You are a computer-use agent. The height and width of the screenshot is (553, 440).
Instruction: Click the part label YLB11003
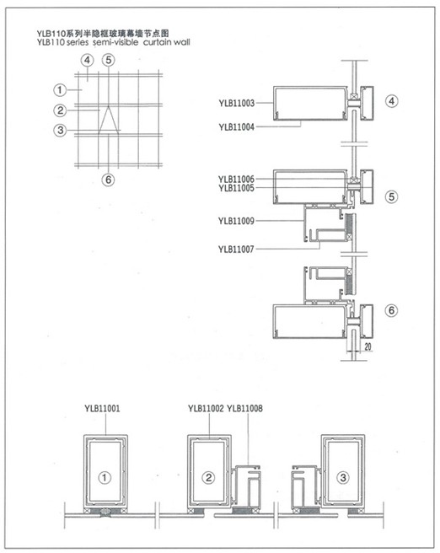click(236, 103)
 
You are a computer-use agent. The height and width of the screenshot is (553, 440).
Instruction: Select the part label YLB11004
click(236, 127)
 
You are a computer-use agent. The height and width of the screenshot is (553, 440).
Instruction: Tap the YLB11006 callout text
click(236, 180)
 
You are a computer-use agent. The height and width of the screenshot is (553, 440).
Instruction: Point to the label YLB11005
click(236, 188)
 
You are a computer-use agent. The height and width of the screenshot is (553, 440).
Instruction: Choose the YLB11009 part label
click(236, 221)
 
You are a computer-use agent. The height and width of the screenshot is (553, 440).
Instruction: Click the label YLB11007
click(236, 250)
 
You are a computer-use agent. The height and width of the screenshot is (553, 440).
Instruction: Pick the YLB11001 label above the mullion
click(102, 408)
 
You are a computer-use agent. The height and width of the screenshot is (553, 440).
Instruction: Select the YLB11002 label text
click(206, 408)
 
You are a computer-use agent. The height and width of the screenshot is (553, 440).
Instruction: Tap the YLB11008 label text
click(244, 408)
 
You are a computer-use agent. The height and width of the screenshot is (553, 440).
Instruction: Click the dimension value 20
click(368, 346)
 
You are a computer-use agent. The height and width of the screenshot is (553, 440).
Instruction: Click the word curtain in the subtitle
click(157, 42)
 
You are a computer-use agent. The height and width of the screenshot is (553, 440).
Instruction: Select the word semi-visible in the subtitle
click(115, 42)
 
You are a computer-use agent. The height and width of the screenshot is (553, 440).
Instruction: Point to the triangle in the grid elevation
click(108, 119)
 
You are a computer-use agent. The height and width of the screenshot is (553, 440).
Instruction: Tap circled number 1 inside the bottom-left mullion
click(104, 478)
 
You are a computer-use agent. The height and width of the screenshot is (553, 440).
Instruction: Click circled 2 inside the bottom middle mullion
click(208, 478)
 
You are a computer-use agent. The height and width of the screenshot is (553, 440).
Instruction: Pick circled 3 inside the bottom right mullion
click(343, 478)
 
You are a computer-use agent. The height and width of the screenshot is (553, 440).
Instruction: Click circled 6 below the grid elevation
click(108, 180)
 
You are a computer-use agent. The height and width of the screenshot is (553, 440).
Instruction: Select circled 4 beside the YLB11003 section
click(392, 101)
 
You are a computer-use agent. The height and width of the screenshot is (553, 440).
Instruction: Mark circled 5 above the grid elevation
click(108, 60)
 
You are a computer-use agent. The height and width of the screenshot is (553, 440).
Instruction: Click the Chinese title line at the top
click(103, 34)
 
